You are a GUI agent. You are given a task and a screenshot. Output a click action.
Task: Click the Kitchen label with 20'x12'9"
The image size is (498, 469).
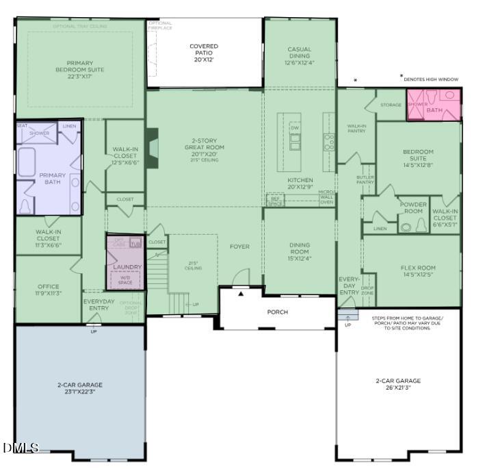coord(300,183)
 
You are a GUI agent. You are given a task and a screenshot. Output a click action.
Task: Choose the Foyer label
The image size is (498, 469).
coord(239,246)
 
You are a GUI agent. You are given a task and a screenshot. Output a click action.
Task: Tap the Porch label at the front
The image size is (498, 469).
coord(277,312)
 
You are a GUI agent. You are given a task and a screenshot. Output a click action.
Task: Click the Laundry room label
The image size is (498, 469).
coord(127,267)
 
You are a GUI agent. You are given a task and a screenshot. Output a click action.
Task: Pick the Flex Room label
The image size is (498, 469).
coord(418,271)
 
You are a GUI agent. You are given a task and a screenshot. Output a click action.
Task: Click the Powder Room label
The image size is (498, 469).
coord(413,208)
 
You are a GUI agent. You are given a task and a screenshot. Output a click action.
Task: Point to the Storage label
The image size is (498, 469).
coord(391,105)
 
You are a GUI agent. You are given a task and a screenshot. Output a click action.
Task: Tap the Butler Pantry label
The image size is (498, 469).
coord(365,179)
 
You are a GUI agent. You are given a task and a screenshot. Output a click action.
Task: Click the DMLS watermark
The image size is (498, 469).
coord(21,448)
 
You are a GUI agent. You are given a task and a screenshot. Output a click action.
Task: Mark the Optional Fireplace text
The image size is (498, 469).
coord(161,26)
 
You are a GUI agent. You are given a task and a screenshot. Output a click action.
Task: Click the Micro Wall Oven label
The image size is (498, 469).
coord(326,197)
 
